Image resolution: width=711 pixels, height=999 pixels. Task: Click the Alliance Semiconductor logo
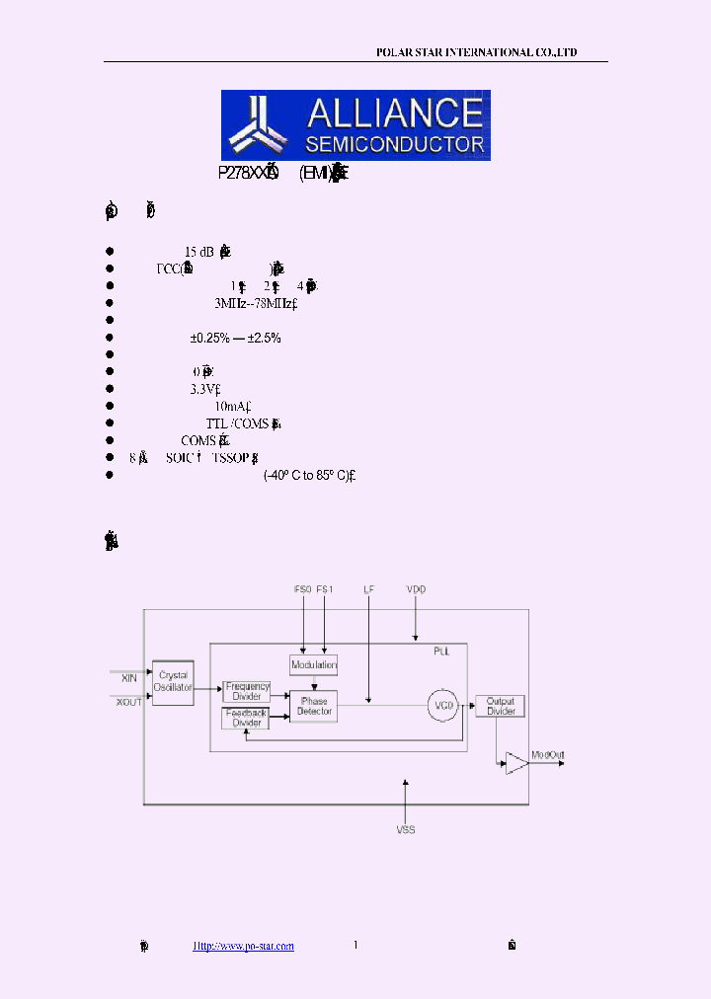click(x=355, y=125)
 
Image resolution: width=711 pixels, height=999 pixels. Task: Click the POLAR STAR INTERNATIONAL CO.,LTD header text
click(x=477, y=52)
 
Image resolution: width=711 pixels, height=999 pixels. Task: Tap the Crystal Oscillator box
click(x=174, y=681)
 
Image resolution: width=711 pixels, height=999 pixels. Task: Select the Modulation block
click(x=314, y=664)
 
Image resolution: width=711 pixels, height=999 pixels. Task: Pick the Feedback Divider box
click(x=246, y=719)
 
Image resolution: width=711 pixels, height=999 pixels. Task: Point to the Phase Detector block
click(x=314, y=705)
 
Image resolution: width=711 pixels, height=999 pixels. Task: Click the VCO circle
click(x=444, y=705)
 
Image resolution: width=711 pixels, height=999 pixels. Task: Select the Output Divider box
click(x=501, y=705)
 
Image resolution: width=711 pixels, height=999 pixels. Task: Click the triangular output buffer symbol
click(x=515, y=762)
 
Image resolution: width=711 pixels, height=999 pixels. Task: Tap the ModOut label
click(x=548, y=756)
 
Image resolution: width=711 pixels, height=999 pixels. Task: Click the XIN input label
click(x=129, y=678)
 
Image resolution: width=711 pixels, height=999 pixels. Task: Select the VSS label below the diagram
click(x=406, y=830)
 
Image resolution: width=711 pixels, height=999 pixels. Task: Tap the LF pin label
click(x=368, y=589)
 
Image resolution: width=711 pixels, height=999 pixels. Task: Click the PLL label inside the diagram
click(x=441, y=653)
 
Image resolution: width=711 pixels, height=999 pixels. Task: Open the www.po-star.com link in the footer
click(x=243, y=946)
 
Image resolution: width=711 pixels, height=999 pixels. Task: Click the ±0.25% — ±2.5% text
click(x=236, y=338)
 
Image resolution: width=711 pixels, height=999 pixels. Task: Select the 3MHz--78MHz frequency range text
click(x=255, y=303)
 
